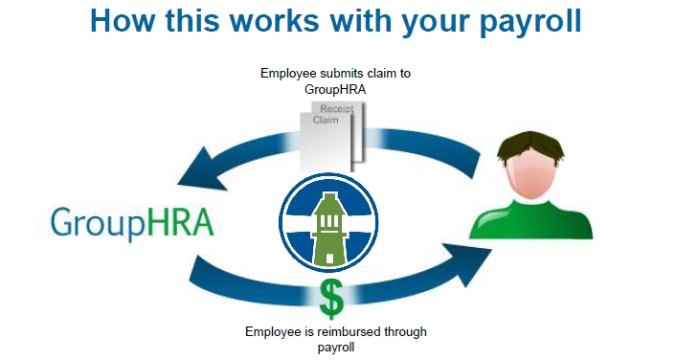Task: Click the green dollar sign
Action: pyautogui.click(x=330, y=298)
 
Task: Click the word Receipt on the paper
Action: pyautogui.click(x=336, y=110)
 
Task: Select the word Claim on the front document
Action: pyautogui.click(x=327, y=121)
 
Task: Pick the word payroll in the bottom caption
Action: pyautogui.click(x=335, y=347)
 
